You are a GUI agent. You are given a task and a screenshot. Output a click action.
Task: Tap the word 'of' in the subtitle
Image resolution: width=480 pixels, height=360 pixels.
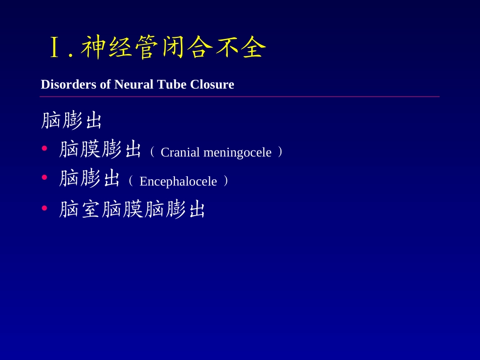pos(105,84)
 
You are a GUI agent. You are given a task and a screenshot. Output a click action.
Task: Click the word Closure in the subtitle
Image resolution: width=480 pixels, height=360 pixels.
pos(212,84)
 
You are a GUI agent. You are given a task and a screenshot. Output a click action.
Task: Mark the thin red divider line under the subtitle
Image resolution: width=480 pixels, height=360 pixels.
pos(239,96)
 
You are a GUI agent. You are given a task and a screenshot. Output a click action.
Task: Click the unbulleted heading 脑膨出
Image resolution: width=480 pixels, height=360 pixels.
pos(71,121)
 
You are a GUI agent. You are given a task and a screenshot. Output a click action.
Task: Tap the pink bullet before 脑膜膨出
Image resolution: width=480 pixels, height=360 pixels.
pos(44,148)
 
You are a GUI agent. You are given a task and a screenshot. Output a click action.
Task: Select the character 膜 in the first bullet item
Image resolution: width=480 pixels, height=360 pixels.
pos(90,150)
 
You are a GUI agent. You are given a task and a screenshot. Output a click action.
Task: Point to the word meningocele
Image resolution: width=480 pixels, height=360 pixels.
pos(237,152)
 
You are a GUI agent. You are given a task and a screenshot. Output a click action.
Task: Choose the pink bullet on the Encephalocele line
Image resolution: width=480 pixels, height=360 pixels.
pos(44,177)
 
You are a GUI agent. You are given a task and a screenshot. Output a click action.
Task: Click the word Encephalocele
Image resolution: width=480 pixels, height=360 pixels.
pos(178,181)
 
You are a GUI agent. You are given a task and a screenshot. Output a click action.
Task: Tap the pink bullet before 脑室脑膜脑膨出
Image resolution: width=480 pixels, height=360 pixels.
pos(44,207)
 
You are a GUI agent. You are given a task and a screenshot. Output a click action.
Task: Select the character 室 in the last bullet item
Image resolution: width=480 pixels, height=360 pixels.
pos(90,210)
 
